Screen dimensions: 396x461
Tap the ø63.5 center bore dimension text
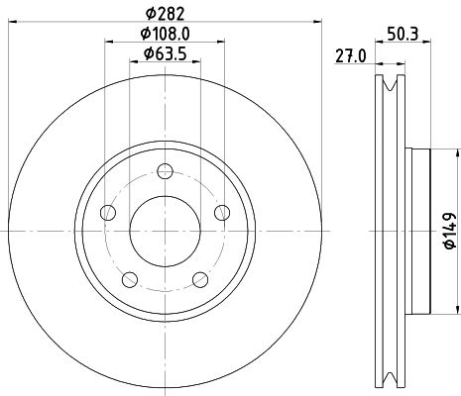click(x=166, y=53)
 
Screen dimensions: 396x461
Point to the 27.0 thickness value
click(x=351, y=56)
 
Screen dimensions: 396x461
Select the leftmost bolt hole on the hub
click(x=109, y=213)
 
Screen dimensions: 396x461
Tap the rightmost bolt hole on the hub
click(x=222, y=212)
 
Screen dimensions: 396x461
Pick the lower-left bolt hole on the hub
click(x=131, y=278)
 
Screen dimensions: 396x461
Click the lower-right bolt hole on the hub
click(x=200, y=278)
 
